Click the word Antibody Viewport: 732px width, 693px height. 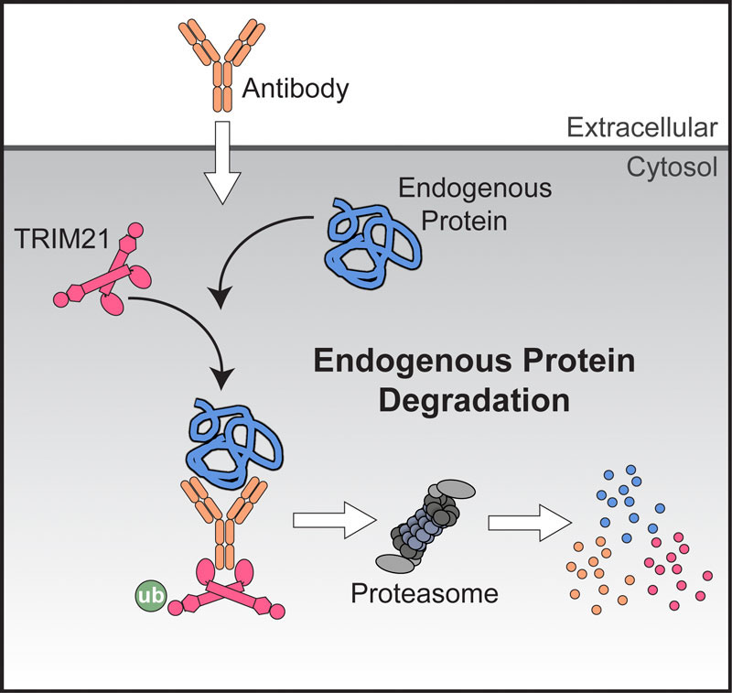click(x=297, y=89)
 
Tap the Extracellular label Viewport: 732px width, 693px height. click(x=640, y=127)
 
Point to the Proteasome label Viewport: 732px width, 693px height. click(x=425, y=592)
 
